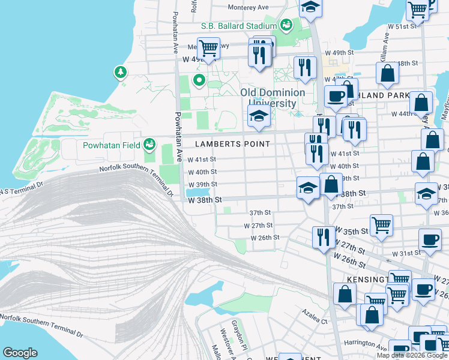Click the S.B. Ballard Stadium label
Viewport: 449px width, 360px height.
tap(238, 26)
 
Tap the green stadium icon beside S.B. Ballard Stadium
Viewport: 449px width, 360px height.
tap(286, 25)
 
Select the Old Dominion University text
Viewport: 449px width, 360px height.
tap(273, 98)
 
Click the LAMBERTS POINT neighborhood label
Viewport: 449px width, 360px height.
tap(234, 144)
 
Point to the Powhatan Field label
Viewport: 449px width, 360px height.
tap(111, 145)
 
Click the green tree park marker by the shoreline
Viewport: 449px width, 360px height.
tap(121, 73)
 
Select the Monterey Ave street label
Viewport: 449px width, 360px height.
tap(248, 8)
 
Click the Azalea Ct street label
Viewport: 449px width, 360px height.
tap(315, 322)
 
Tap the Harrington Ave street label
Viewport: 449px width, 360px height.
tap(366, 345)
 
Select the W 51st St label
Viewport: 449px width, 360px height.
tap(402, 27)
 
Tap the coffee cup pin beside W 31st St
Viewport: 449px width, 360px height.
tap(430, 239)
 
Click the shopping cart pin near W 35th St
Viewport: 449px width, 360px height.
tap(381, 226)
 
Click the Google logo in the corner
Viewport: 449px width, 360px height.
tap(20, 353)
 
